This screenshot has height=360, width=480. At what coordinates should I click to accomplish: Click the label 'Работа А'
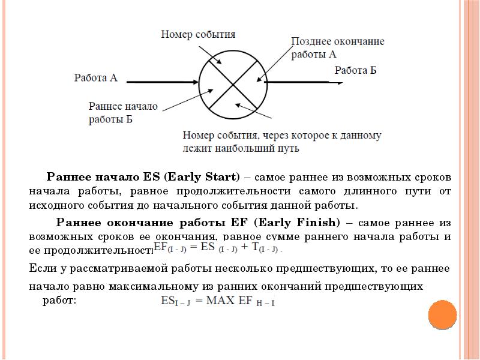[x=95, y=77]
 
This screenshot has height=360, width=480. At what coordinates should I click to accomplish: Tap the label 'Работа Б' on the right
[x=355, y=70]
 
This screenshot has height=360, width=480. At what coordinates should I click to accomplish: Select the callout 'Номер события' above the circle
[x=197, y=34]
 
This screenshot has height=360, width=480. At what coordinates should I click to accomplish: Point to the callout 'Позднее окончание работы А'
[x=337, y=47]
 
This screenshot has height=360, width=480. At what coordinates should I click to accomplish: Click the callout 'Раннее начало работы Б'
[x=122, y=112]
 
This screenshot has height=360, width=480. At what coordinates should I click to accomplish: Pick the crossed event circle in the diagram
[x=231, y=84]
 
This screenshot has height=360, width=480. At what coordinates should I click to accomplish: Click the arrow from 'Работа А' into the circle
[x=162, y=82]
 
